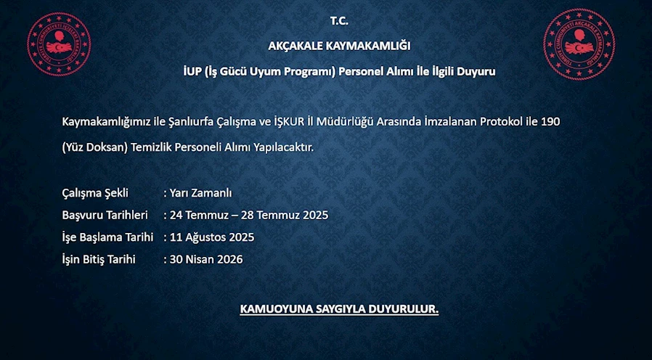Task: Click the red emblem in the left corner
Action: tap(59, 44)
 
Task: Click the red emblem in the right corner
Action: tap(579, 44)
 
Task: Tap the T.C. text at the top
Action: tap(339, 21)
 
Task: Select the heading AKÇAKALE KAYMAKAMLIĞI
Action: tap(339, 46)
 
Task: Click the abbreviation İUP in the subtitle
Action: tap(192, 72)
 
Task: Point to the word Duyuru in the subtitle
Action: tap(476, 72)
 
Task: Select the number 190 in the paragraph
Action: tap(550, 122)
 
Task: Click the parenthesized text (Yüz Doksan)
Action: tap(94, 147)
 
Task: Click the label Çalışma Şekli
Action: tap(95, 193)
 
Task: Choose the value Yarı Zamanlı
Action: tap(200, 193)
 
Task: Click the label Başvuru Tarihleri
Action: tap(105, 216)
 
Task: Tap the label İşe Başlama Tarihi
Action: tap(107, 237)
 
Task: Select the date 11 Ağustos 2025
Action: tap(212, 237)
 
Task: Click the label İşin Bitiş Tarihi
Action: tap(99, 259)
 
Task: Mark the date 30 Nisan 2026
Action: tap(205, 259)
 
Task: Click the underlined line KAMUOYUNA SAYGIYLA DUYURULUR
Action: tap(339, 310)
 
